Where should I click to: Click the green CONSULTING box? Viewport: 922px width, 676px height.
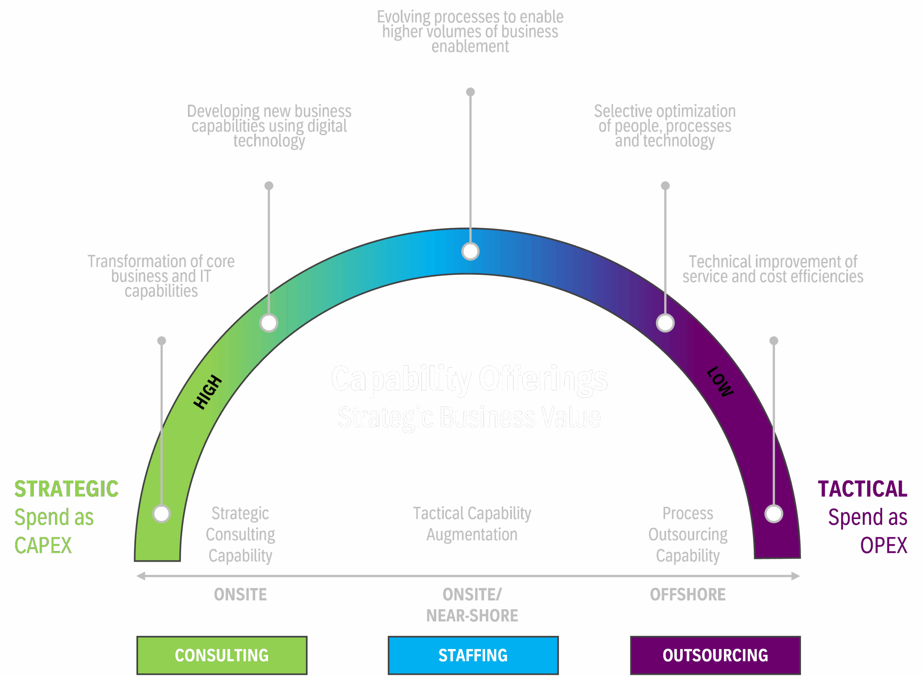coord(221,655)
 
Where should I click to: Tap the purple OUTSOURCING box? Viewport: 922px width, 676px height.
coord(715,655)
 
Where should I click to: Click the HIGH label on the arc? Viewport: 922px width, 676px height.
coord(207,391)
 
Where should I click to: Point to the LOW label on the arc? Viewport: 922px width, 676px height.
coord(720,382)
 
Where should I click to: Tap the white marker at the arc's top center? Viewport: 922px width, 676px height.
coord(470,251)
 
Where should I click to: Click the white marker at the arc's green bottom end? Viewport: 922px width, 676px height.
coord(161,514)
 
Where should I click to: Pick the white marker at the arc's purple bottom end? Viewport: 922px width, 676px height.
coord(774,514)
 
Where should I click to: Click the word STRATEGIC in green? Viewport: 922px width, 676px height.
coord(66,489)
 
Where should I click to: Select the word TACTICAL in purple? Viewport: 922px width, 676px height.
coord(862,489)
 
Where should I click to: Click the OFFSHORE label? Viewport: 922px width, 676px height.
coord(688,594)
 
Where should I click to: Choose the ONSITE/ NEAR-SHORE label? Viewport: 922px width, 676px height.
coord(472,605)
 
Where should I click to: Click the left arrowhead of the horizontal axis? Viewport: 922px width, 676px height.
coord(140,576)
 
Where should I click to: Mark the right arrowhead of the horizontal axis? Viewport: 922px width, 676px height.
coord(796,576)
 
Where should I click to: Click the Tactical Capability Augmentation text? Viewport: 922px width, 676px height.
coord(472,524)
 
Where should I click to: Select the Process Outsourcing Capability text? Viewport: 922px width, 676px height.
coord(688,534)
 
